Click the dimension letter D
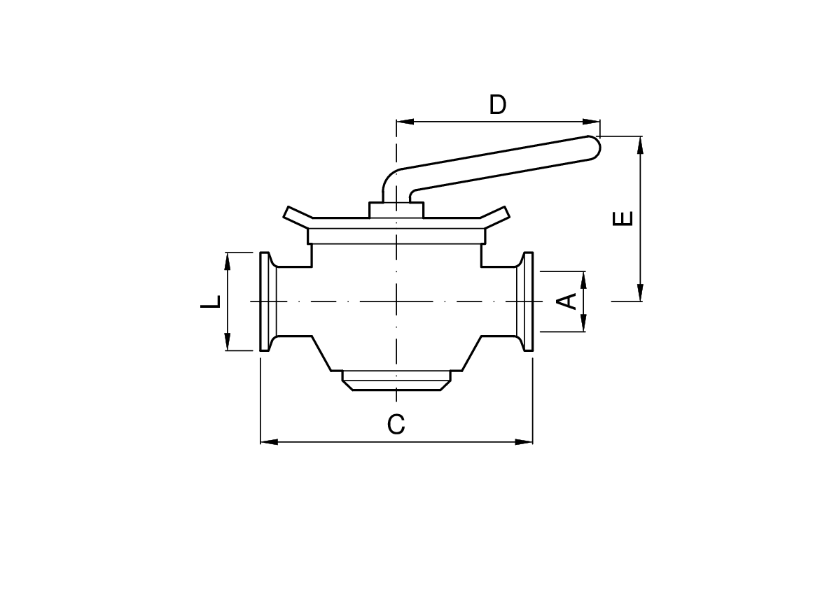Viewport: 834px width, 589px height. point(497,105)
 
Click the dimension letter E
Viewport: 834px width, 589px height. point(623,218)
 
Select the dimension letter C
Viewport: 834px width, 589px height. point(396,424)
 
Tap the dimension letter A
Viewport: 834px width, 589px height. point(567,301)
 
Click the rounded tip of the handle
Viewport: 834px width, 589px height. point(593,146)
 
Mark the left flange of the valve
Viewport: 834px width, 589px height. point(267,301)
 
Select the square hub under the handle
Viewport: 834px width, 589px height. point(396,210)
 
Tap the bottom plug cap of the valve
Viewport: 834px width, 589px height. point(396,381)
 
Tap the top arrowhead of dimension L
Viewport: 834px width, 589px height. point(228,260)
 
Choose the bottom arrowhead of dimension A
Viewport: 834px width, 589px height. point(583,323)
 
